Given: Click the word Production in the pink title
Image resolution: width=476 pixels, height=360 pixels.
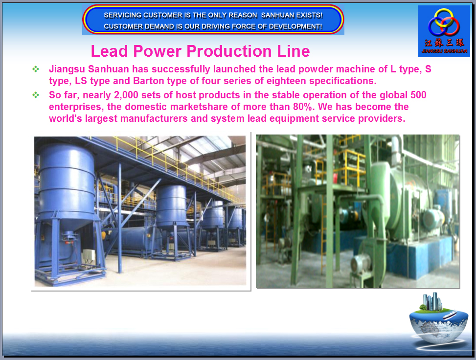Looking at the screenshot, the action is click(230, 51).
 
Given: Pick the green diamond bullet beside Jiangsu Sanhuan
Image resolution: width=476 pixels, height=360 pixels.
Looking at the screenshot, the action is click(36, 69).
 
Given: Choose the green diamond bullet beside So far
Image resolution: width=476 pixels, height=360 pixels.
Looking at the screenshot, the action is click(36, 95).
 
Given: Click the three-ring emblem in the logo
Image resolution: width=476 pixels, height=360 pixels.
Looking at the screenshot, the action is click(444, 22).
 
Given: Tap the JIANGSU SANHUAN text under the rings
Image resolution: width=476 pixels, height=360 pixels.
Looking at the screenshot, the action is click(444, 51).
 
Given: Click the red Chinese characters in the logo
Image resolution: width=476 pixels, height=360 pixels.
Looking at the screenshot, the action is click(444, 43).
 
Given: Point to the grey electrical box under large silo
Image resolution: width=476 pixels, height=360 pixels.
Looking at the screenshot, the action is click(89, 256).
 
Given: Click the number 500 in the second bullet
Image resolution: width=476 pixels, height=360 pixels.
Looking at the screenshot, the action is click(418, 95).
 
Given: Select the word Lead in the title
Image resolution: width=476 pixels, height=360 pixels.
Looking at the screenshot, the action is click(110, 51).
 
